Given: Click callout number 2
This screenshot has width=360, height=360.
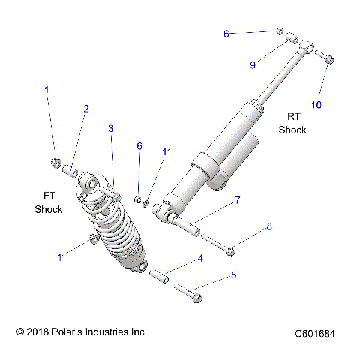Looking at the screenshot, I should click(x=85, y=109).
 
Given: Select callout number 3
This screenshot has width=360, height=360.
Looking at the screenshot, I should click(x=110, y=129).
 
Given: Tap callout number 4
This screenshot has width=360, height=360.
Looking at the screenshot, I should click(x=200, y=259).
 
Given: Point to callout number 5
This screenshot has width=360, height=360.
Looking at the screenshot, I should click(x=233, y=275).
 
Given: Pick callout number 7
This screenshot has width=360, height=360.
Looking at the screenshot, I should click(x=237, y=200).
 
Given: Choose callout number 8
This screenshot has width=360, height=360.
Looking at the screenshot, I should click(x=269, y=226).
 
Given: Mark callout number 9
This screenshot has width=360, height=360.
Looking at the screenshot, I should click(x=253, y=65).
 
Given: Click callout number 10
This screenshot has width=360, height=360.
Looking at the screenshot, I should click(x=316, y=105).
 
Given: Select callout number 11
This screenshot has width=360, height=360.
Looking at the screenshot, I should click(x=166, y=152).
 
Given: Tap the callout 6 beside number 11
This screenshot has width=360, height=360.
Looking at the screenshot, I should click(x=139, y=146).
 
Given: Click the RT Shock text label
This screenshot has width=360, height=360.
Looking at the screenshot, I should click(x=292, y=123).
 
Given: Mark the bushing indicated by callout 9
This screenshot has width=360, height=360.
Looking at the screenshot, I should click(x=293, y=37).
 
